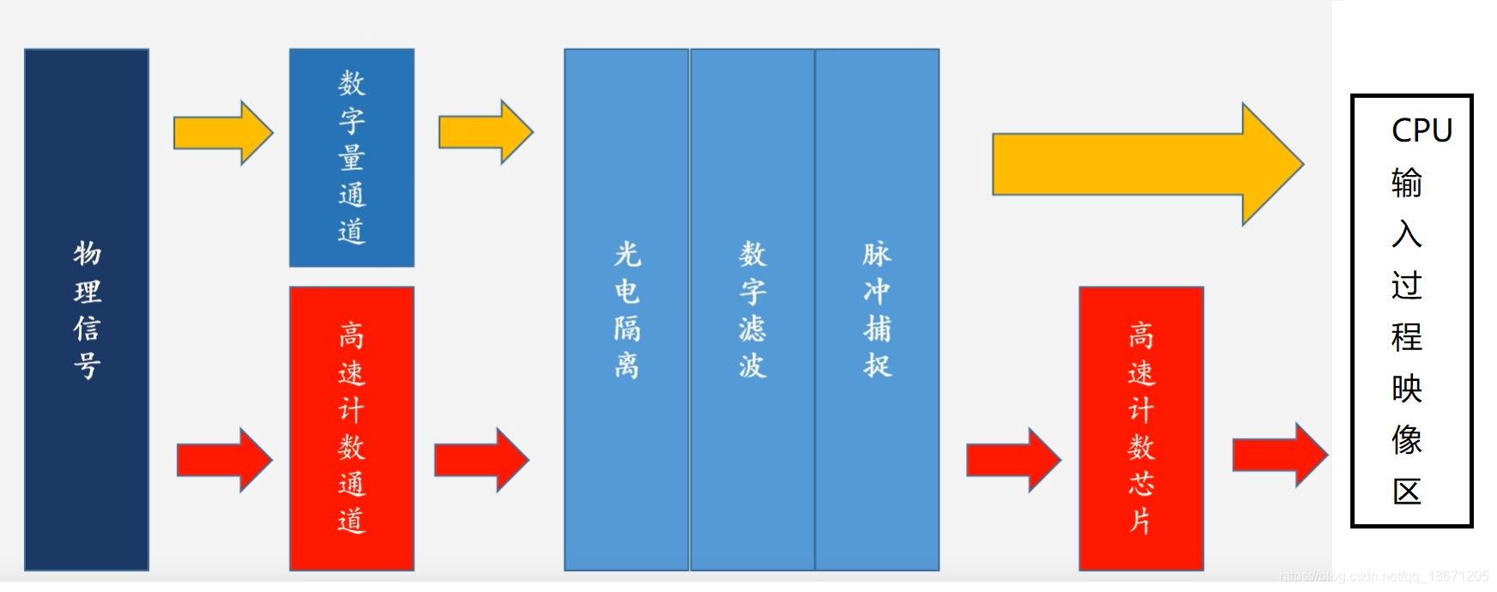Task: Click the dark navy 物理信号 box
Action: pyautogui.click(x=87, y=310)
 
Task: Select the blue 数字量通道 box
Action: pyautogui.click(x=352, y=158)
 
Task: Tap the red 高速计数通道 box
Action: pyautogui.click(x=352, y=428)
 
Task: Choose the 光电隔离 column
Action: pyautogui.click(x=626, y=310)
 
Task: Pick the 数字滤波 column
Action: pyautogui.click(x=752, y=310)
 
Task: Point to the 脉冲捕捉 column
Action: pyautogui.click(x=877, y=310)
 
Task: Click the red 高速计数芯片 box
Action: pyautogui.click(x=1141, y=428)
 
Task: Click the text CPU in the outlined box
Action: pyautogui.click(x=1422, y=130)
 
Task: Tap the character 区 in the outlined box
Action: pyautogui.click(x=1407, y=492)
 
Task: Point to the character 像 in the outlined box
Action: pyautogui.click(x=1407, y=440)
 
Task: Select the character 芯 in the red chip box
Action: pyautogui.click(x=1141, y=483)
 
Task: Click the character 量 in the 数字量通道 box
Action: pyautogui.click(x=352, y=158)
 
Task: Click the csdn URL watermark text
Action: pyautogui.click(x=1384, y=577)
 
